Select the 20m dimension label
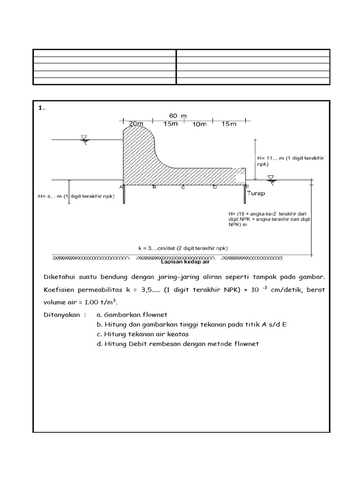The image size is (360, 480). pyautogui.click(x=136, y=124)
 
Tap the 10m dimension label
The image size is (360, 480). pyautogui.click(x=199, y=124)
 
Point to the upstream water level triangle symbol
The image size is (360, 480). pyautogui.click(x=84, y=138)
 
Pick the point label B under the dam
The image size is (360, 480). pyautogui.click(x=154, y=187)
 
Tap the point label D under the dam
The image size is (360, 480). pyautogui.click(x=215, y=187)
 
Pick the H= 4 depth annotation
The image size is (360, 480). pyautogui.click(x=78, y=196)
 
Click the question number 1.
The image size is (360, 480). pyautogui.click(x=41, y=108)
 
